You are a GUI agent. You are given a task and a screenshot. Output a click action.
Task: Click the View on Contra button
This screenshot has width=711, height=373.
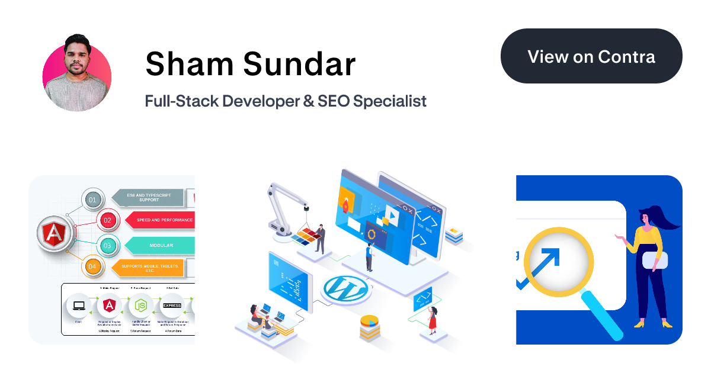[x=591, y=56]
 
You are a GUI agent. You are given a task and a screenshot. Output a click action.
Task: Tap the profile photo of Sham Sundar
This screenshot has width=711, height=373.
[x=77, y=77]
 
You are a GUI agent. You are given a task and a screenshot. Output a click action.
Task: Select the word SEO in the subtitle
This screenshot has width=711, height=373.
[x=333, y=101]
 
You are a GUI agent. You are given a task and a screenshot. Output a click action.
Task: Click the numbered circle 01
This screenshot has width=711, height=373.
[x=92, y=200]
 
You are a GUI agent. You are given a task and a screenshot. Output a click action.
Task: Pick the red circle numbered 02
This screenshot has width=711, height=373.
[x=107, y=220]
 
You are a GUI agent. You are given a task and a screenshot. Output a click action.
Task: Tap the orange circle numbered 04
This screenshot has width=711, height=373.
[x=92, y=266]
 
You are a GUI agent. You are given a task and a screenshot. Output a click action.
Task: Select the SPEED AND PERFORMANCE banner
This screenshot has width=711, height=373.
[x=163, y=220]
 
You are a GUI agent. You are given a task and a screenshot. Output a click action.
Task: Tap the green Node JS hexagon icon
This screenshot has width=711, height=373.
[x=140, y=306]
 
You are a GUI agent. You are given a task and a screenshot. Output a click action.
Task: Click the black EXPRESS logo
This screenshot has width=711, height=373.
[x=172, y=306]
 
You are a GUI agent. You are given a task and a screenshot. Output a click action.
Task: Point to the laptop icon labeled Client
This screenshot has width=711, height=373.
[x=78, y=306]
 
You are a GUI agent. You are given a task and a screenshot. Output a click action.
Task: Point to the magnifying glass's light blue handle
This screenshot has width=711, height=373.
[x=604, y=317]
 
